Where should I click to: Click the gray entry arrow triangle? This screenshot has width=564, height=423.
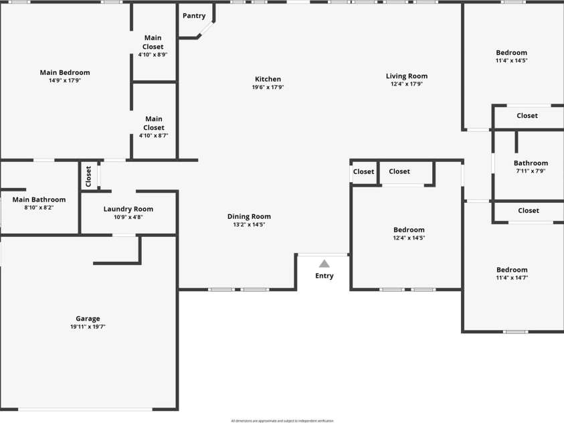[x=324, y=263]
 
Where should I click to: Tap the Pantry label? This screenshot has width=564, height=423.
[x=194, y=16]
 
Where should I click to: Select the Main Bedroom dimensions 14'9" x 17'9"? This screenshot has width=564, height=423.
[x=65, y=80]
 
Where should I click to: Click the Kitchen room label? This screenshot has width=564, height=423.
[x=268, y=79]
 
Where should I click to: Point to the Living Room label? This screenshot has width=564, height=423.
[x=407, y=76]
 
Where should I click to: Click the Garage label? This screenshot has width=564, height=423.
[x=88, y=319]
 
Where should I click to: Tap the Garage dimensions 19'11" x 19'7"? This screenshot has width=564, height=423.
[x=88, y=327]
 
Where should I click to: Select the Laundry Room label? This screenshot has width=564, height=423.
[x=128, y=209]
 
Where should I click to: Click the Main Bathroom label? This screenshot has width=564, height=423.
[x=39, y=199]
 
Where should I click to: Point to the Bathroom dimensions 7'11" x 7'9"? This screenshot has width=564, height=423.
[x=531, y=171]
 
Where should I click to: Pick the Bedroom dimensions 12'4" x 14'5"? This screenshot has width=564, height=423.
[x=409, y=238]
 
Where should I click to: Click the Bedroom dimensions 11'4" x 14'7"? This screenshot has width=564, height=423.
[x=512, y=277]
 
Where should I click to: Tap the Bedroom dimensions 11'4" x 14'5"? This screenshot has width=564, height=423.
[x=511, y=61]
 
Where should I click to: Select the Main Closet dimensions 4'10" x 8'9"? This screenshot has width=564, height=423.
[x=153, y=55]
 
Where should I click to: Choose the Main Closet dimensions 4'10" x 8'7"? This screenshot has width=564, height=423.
[x=153, y=135]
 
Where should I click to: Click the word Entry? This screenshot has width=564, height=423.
[x=324, y=276]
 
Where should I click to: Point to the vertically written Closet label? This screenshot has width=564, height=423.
[x=88, y=177]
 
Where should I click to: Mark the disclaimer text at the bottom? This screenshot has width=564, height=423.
[x=282, y=420]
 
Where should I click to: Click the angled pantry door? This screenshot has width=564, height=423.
[x=206, y=30]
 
